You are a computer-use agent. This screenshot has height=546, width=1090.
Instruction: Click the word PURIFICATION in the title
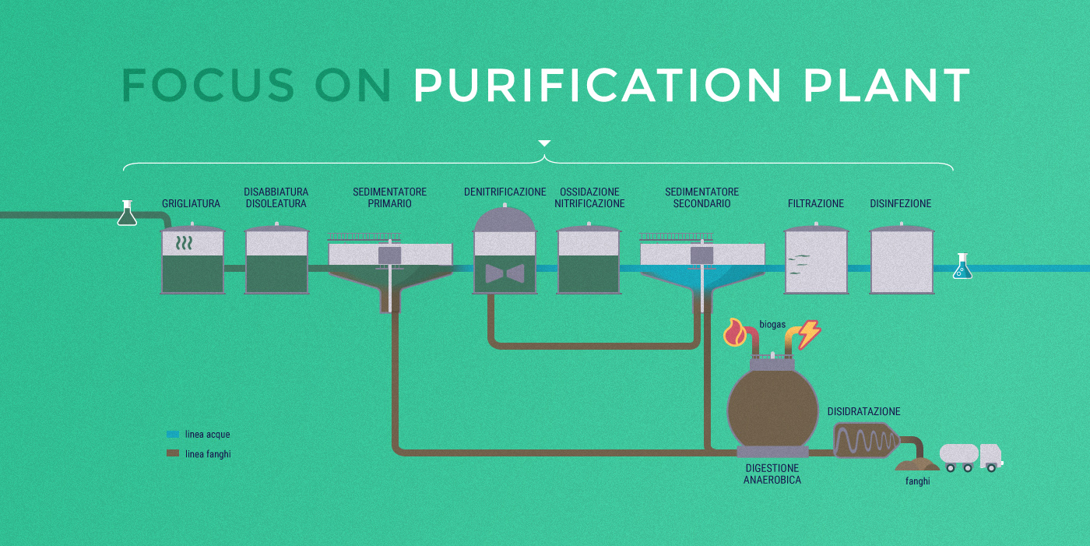coord(597,85)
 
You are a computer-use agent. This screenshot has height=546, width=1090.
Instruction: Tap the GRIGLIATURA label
coord(191,204)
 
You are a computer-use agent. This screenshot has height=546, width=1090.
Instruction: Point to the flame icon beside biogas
coord(735,333)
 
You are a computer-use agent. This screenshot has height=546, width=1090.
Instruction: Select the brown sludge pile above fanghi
coord(917,464)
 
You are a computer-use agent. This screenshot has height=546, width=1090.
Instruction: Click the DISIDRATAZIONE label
coord(863,411)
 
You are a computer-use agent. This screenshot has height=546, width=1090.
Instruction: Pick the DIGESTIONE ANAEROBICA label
coord(772,474)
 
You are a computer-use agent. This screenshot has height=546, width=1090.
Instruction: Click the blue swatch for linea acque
coord(173,434)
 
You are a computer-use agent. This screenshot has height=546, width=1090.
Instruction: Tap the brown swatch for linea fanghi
coord(173,453)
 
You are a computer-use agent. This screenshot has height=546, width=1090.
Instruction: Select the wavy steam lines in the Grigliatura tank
coord(184,243)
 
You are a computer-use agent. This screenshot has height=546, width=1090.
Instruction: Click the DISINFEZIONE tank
coord(901,260)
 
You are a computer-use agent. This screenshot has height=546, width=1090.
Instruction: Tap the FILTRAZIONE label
coord(816,204)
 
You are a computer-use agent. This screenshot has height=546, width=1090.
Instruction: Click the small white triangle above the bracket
coord(544,143)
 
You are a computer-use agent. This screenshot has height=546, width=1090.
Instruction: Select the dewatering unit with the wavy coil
coord(864,441)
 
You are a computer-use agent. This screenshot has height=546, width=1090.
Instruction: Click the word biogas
coord(772,324)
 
